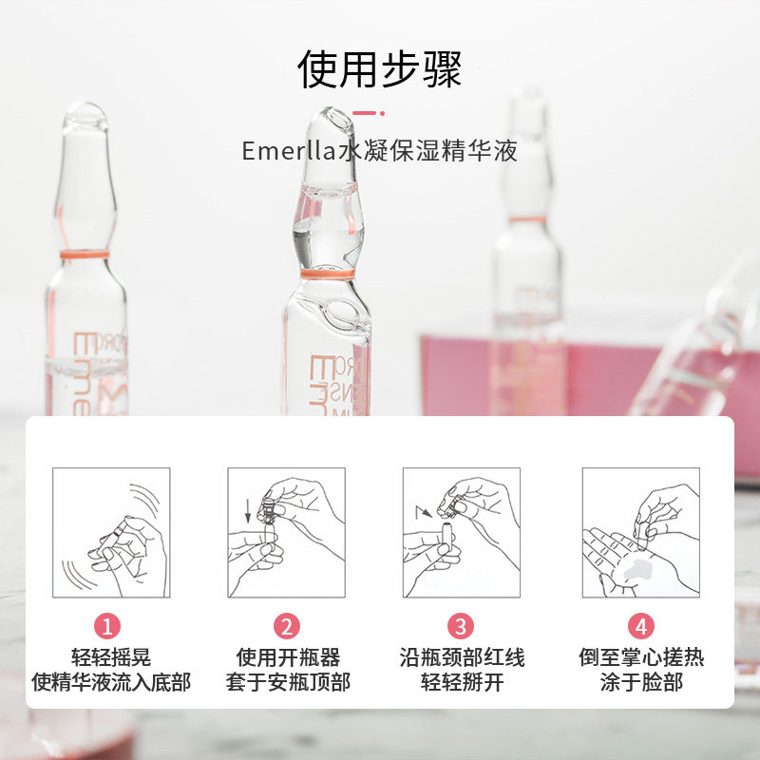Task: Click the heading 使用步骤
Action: tap(380, 68)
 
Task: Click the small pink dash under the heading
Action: tap(363, 112)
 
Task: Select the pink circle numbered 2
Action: tap(287, 626)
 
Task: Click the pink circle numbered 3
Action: tap(461, 626)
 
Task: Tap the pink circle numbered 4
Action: tap(641, 626)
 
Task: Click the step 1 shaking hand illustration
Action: tap(111, 533)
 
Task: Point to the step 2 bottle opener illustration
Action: tap(287, 533)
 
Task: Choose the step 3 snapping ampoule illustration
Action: tap(461, 533)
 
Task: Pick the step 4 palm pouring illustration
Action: tap(641, 533)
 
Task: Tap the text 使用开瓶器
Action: tap(287, 657)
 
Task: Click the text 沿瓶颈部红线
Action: tap(461, 657)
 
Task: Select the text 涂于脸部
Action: tap(641, 682)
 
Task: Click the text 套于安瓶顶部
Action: tap(287, 682)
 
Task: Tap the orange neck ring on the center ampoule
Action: tap(327, 274)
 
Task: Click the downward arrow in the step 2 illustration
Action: tap(249, 513)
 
